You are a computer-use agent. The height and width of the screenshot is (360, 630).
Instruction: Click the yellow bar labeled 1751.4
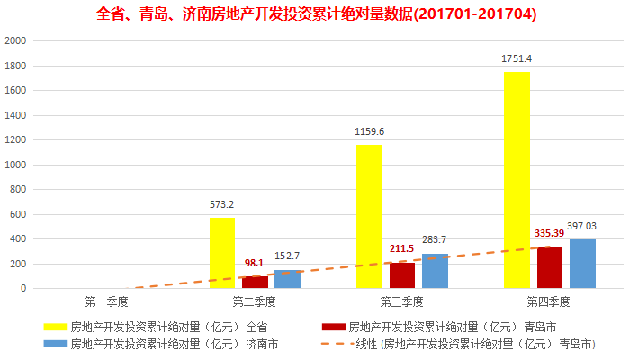pos(517,180)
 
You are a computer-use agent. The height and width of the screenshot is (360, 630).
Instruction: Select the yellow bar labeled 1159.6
pos(369,216)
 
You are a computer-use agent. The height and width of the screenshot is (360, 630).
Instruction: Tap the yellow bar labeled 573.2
pos(222,253)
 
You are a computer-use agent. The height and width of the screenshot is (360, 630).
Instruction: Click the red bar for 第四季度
pos(550,267)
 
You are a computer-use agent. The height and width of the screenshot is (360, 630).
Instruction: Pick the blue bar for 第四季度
pos(582,264)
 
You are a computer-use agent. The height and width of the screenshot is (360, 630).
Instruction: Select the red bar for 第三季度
pos(402,275)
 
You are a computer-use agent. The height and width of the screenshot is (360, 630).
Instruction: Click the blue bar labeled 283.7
pos(435,271)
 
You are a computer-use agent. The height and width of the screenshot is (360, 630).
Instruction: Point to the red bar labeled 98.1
pos(255,283)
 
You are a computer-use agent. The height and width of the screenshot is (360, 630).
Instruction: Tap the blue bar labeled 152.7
pos(287,279)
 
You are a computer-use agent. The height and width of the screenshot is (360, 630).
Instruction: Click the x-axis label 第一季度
pos(107,301)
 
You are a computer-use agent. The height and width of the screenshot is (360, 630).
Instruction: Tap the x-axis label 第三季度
pos(402,301)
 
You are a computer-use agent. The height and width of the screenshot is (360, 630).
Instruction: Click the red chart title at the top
pos(315,14)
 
